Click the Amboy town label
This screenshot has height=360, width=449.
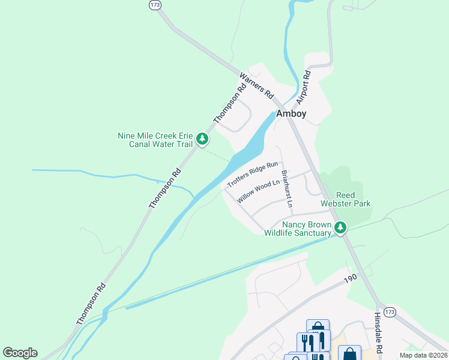[x=291, y=114]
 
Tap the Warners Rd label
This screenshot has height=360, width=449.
[x=256, y=86]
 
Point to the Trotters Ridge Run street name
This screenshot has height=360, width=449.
[x=253, y=173]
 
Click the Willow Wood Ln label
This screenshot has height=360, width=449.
[x=259, y=191]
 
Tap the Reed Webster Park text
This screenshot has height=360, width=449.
[x=345, y=200]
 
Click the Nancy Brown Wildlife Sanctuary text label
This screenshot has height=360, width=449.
[x=298, y=228]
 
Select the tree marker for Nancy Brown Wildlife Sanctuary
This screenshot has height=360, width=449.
[x=340, y=227]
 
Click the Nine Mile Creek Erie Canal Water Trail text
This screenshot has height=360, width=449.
[x=155, y=140]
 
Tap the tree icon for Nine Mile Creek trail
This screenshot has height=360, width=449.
[x=203, y=139]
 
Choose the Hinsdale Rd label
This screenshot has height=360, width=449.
[x=379, y=333]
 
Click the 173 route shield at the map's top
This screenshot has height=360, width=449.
[x=156, y=5]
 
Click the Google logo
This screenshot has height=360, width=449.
[x=20, y=353]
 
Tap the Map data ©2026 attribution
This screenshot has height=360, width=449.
[x=423, y=355]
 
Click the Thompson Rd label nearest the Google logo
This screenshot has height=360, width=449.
[x=91, y=304]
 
